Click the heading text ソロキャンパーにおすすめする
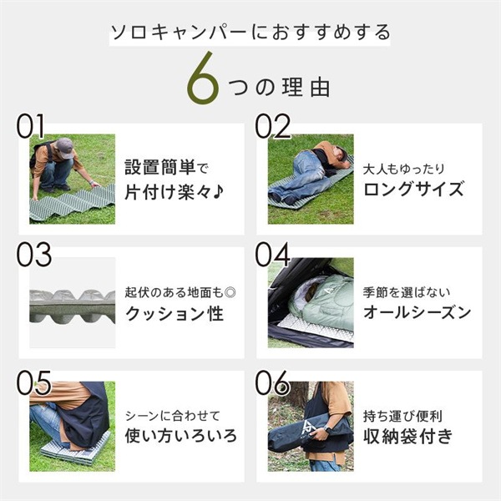coord(250,33)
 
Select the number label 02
coord(272,126)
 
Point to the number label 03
coord(33,254)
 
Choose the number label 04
coord(272,254)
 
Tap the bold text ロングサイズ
coord(413,189)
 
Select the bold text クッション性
coord(174,314)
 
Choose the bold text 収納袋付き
coord(408,436)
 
